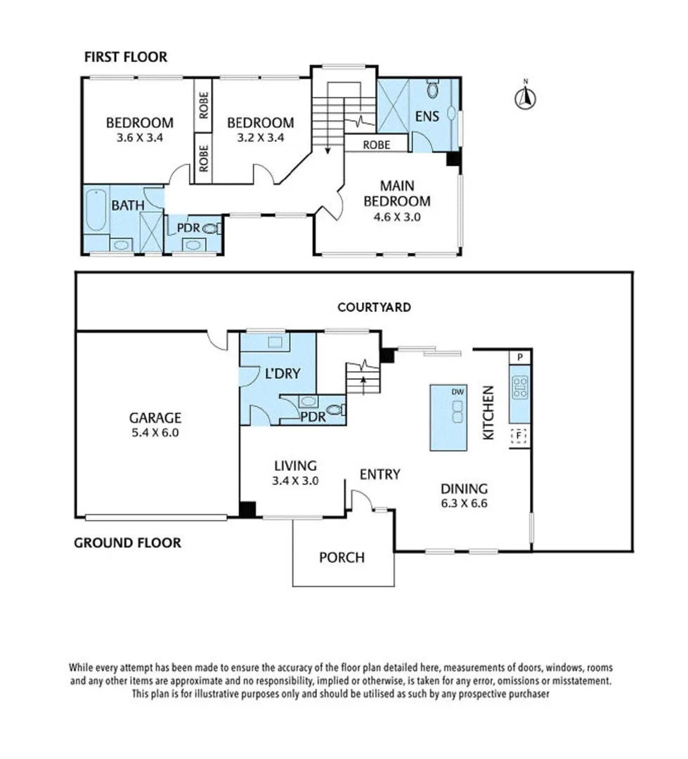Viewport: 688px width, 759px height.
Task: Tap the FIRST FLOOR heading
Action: (126, 57)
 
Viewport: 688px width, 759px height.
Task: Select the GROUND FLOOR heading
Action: (127, 543)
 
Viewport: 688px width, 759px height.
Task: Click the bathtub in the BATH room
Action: (96, 211)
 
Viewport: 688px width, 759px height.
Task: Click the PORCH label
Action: (342, 557)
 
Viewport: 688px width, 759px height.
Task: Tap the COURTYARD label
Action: (375, 307)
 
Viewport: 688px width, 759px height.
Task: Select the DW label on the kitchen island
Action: (457, 391)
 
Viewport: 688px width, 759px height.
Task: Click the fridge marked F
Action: (519, 436)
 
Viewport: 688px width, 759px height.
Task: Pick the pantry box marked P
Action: (520, 357)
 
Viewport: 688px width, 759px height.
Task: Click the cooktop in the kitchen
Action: (520, 387)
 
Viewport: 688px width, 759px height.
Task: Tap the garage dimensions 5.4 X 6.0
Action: (155, 433)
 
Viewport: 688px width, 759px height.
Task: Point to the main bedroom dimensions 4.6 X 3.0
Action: (397, 217)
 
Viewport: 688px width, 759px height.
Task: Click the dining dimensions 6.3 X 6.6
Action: (465, 503)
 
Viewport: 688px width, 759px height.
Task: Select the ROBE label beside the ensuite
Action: (377, 145)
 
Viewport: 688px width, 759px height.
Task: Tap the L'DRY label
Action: (283, 374)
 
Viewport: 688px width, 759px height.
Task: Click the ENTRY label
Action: (380, 474)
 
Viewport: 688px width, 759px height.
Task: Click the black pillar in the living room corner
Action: (247, 510)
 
